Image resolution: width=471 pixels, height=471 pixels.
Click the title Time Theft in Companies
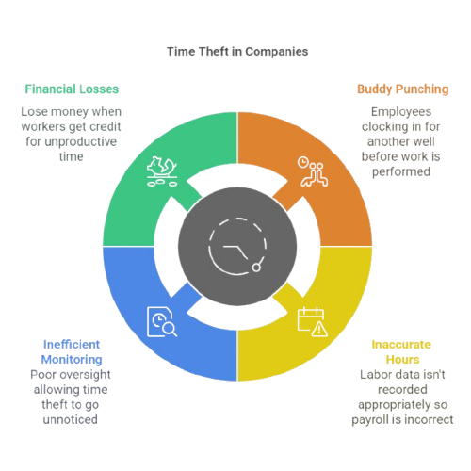pos(237,52)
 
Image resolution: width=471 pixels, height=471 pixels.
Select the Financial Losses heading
pos(72,89)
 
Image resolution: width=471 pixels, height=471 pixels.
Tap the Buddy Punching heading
pos(403,89)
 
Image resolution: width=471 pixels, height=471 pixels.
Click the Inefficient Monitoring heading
pos(72,352)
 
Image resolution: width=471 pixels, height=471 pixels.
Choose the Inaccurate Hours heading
pos(401,352)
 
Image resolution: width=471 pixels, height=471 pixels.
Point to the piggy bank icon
pos(162,171)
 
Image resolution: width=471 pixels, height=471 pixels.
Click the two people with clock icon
pos(313,171)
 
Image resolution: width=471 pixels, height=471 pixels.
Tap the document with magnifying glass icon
pos(162,321)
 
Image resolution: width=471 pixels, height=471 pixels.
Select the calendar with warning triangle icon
pos(313,321)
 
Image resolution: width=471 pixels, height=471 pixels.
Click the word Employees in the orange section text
pos(401,112)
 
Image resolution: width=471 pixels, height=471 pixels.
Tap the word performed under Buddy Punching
pos(401,172)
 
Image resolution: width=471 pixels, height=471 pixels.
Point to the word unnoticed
pos(71,419)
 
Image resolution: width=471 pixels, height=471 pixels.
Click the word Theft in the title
pos(214,52)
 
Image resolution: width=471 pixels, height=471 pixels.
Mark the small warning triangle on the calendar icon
pos(319,329)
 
